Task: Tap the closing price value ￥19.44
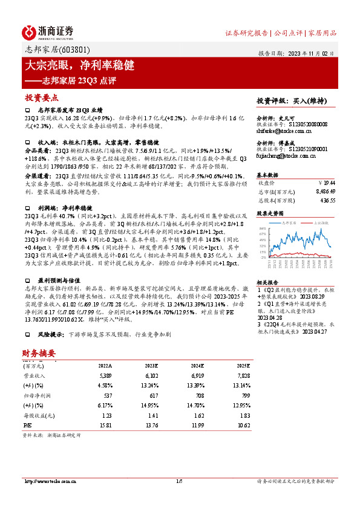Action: pyautogui.click(x=327, y=182)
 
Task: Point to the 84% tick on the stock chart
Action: pyautogui.click(x=262, y=228)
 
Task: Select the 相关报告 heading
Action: pyautogui.click(x=267, y=282)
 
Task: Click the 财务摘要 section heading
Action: pyautogui.click(x=39, y=353)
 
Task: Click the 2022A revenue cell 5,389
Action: pyautogui.click(x=105, y=376)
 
